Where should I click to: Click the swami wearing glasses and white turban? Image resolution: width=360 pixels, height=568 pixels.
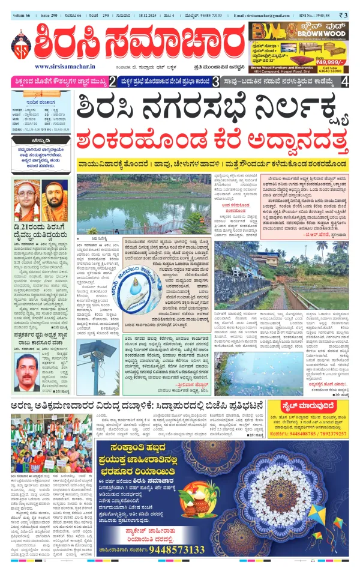[28, 201]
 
